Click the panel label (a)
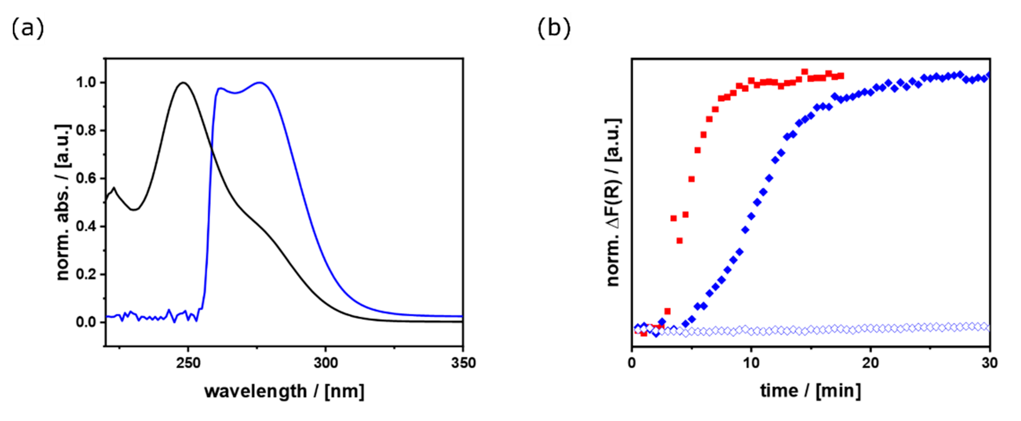pyautogui.click(x=27, y=29)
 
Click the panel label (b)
pyautogui.click(x=554, y=29)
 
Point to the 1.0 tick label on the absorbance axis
pyautogui.click(x=86, y=83)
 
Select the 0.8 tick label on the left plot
pyautogui.click(x=86, y=131)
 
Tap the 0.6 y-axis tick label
pyautogui.click(x=86, y=179)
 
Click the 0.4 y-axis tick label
pyautogui.click(x=86, y=227)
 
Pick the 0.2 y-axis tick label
pyautogui.click(x=86, y=274)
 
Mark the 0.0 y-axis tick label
pyautogui.click(x=86, y=322)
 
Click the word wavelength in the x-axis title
pyautogui.click(x=255, y=391)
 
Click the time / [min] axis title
pyautogui.click(x=810, y=391)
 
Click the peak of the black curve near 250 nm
pyautogui.click(x=184, y=82)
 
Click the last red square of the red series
pyautogui.click(x=841, y=76)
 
